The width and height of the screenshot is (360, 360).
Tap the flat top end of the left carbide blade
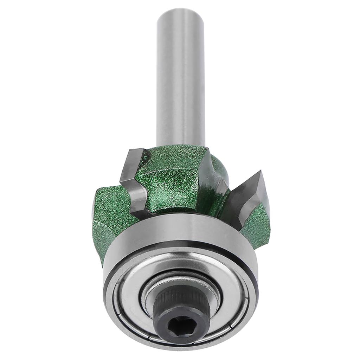[135, 153]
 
